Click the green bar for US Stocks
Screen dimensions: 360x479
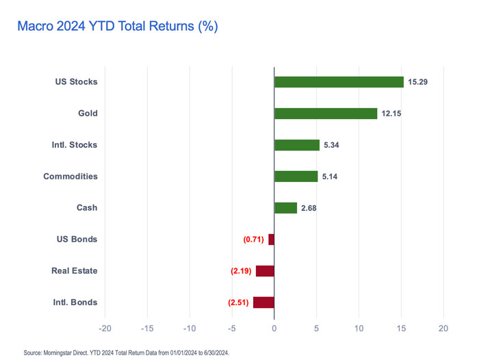(339, 82)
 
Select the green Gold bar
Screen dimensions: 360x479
(326, 114)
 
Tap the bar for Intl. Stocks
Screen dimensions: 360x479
(297, 145)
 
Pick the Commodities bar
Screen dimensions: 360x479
(296, 177)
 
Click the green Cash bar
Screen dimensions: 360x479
(285, 208)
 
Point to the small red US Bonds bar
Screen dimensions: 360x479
(271, 240)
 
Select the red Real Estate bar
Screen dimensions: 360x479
(265, 271)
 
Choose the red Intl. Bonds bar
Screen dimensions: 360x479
(263, 303)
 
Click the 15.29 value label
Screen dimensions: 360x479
(419, 82)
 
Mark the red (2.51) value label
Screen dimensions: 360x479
(239, 303)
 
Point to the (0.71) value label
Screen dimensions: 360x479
(254, 240)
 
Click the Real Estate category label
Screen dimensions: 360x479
(74, 271)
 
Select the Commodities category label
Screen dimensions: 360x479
(70, 177)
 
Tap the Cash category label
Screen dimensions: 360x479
(88, 208)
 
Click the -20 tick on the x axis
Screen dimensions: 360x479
(105, 328)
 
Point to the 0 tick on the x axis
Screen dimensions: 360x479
(274, 328)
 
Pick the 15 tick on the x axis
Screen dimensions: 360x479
(401, 328)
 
